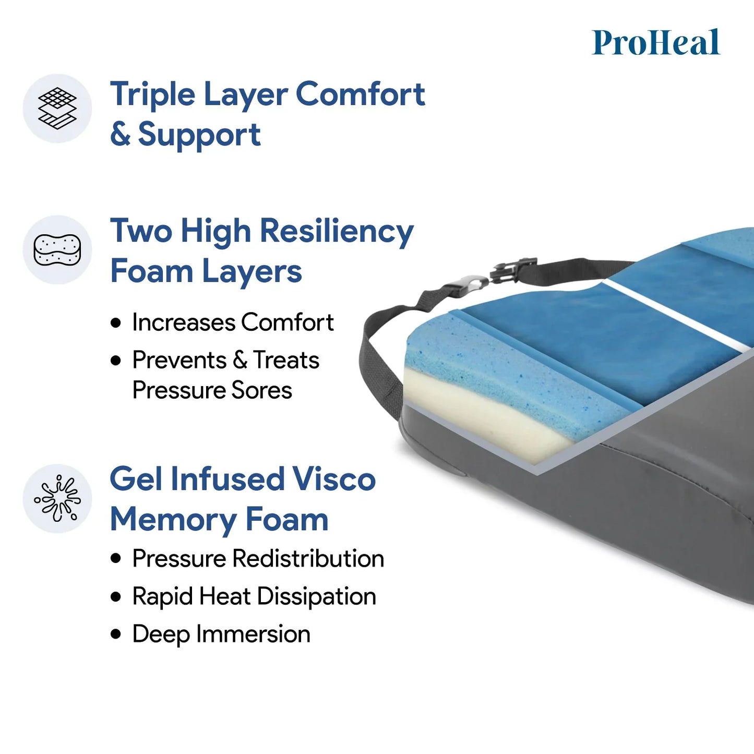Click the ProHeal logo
[x=656, y=42]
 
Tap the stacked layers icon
[x=57, y=108]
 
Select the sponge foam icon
[x=57, y=249]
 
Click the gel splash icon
[x=57, y=498]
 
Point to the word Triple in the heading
[x=152, y=95]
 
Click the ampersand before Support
[x=120, y=135]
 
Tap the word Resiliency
[x=337, y=231]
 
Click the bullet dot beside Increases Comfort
[x=116, y=323]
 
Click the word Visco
[x=333, y=479]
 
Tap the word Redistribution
[x=308, y=558]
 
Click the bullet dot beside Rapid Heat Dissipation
[x=116, y=596]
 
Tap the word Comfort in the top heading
[x=360, y=95]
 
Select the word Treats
[x=286, y=360]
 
